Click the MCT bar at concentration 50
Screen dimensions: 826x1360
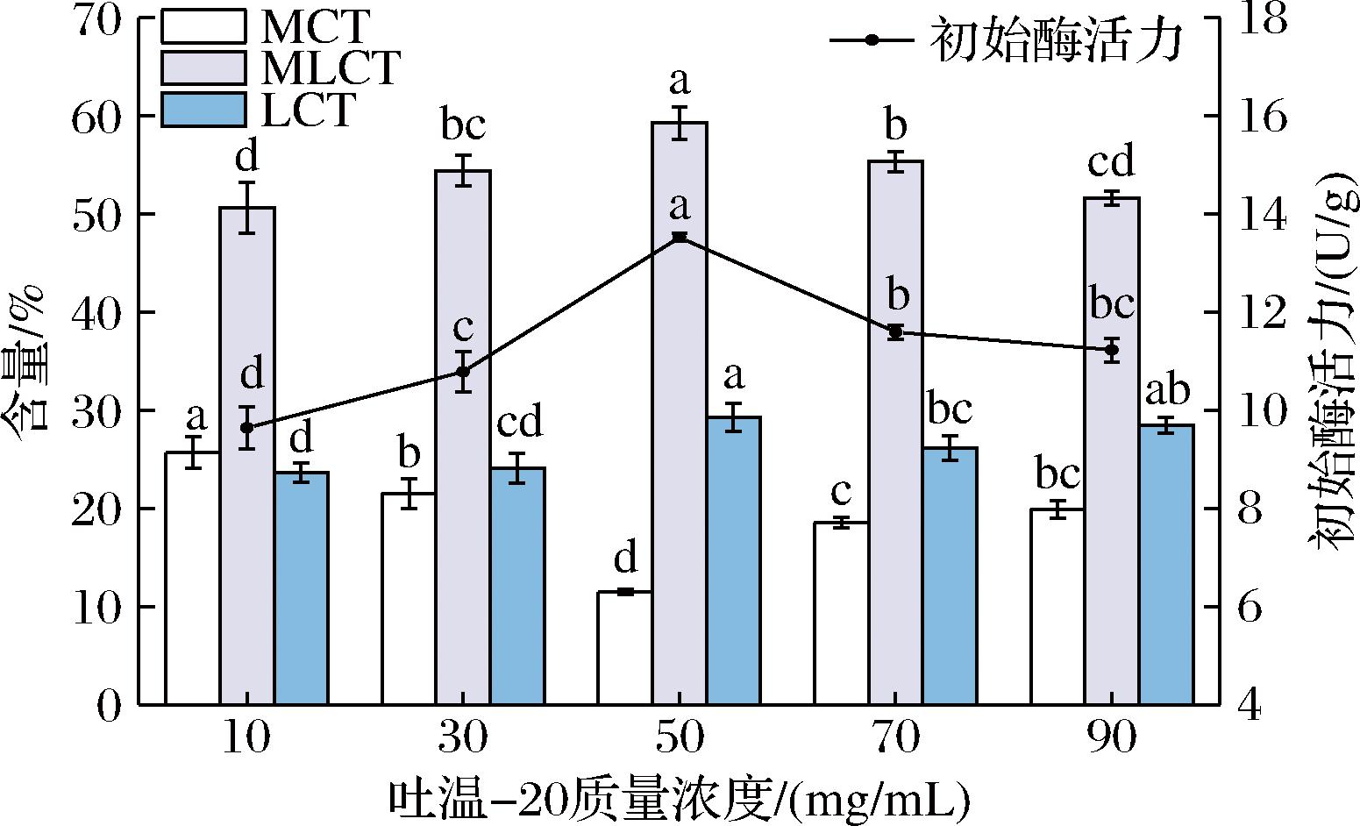624,648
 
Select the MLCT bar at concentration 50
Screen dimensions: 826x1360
680,412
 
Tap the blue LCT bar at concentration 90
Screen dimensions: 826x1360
1167,565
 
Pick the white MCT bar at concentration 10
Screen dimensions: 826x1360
193,578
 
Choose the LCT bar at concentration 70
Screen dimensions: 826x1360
950,575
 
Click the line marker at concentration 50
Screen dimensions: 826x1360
680,237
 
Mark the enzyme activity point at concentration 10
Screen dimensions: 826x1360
247,427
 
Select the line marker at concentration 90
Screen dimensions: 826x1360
1112,350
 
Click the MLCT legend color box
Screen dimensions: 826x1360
203,68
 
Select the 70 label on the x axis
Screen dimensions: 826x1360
895,739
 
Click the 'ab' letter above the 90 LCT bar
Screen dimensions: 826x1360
1167,390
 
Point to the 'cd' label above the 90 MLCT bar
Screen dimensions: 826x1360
1112,162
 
